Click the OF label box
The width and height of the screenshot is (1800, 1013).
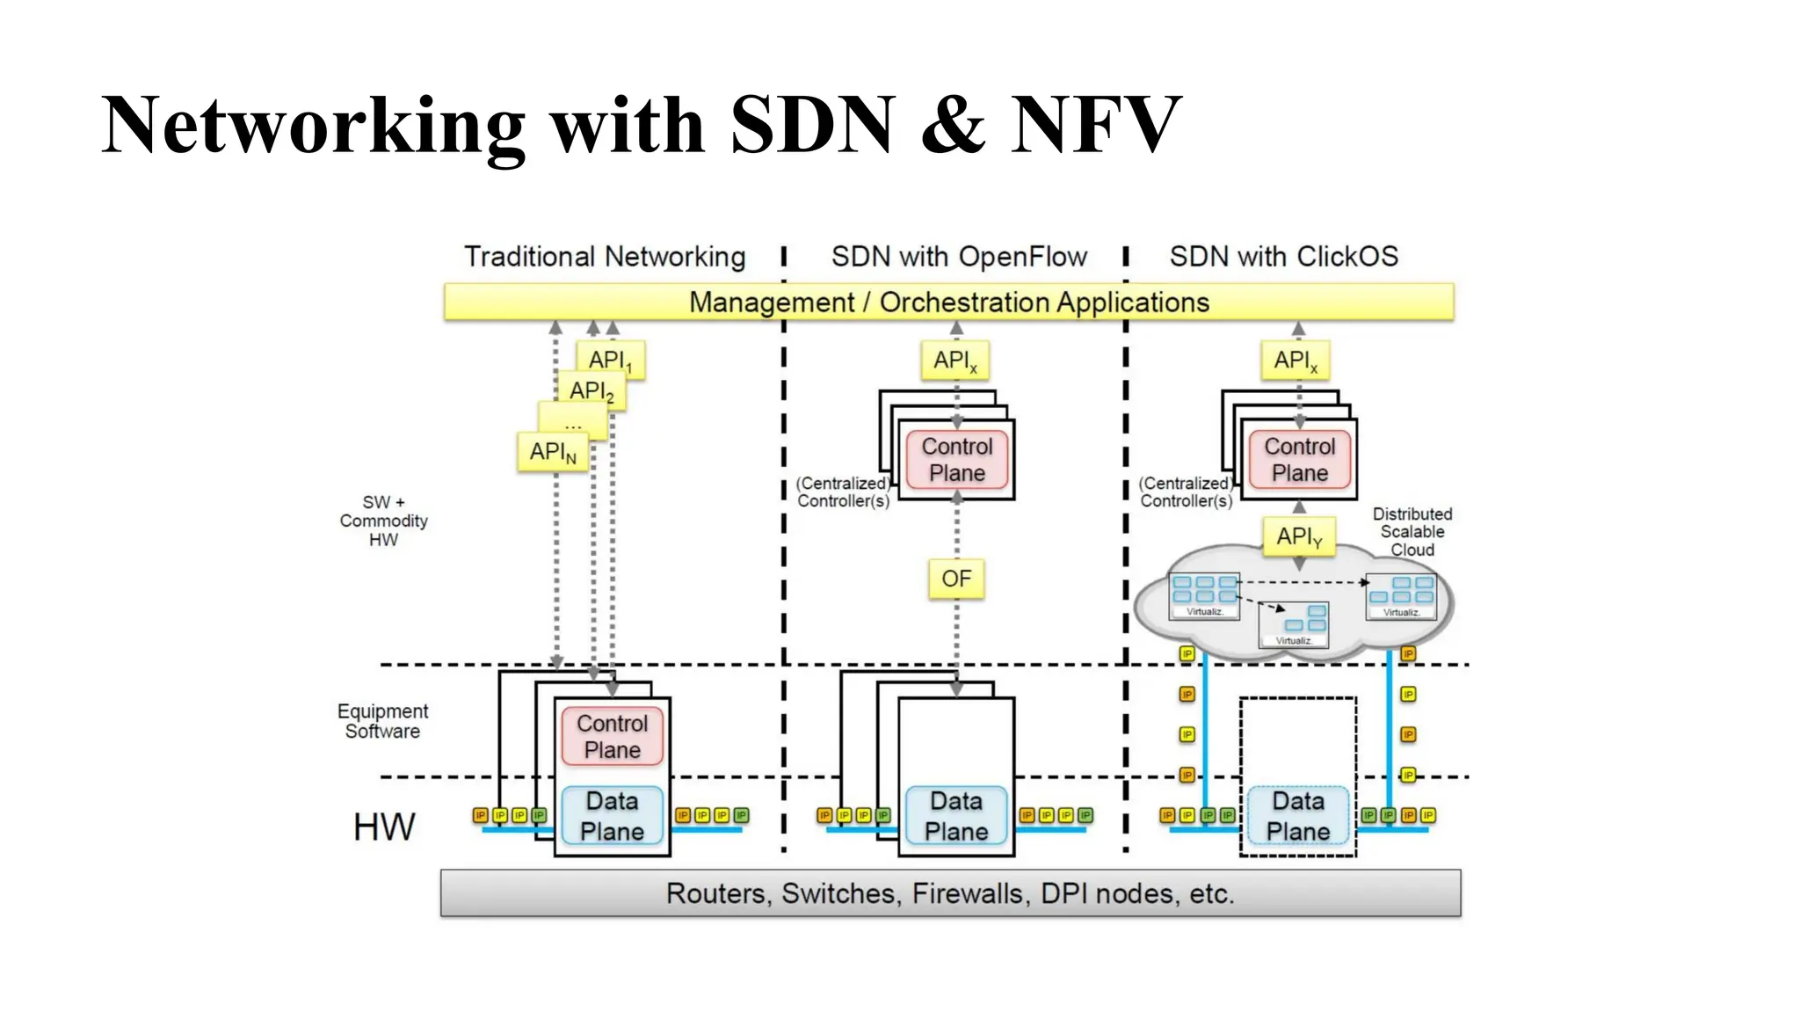tap(956, 579)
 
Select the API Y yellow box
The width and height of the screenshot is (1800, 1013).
tap(1299, 536)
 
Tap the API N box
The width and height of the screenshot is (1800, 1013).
tap(552, 452)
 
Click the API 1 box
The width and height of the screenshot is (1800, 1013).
tap(611, 360)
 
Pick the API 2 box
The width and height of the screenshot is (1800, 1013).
tap(592, 390)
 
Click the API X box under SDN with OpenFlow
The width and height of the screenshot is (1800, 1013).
tap(955, 360)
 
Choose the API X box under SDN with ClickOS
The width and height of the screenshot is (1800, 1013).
tap(1296, 360)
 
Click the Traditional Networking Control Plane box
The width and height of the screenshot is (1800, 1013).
tap(612, 736)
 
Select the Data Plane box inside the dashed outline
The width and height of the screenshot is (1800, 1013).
tap(1298, 815)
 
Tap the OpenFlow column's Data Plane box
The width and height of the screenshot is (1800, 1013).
tap(956, 815)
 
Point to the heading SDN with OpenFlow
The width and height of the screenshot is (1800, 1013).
tap(959, 257)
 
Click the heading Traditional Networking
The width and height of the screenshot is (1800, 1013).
tap(605, 257)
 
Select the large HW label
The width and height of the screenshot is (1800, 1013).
tap(384, 827)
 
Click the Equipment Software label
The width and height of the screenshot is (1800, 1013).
tap(382, 721)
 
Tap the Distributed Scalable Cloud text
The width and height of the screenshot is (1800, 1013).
tap(1412, 531)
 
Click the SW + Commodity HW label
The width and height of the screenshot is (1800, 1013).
tap(383, 521)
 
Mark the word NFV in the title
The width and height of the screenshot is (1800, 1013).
tap(1095, 125)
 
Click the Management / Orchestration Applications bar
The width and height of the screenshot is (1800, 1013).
tap(948, 302)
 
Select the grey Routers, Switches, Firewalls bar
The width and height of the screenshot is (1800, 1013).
tap(950, 893)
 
